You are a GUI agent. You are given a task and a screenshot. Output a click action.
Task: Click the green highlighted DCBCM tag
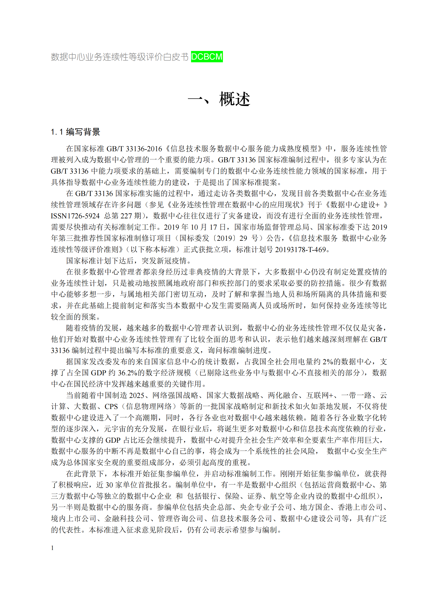coord(207,57)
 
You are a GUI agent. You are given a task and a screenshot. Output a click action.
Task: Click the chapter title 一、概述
coord(219,99)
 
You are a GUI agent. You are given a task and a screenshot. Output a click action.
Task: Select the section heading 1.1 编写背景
coord(76,132)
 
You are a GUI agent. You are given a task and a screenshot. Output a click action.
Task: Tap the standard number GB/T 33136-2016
coord(134,149)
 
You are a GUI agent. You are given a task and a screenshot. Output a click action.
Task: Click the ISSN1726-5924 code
coord(75,216)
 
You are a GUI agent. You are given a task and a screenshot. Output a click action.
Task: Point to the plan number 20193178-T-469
coord(300,249)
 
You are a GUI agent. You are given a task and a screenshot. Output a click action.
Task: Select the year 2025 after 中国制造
coord(137,395)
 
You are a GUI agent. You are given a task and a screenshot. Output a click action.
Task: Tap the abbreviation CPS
coord(111,407)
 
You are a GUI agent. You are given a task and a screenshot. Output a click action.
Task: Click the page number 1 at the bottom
coord(52,548)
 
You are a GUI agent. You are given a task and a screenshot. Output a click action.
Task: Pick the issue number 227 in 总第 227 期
coord(126,216)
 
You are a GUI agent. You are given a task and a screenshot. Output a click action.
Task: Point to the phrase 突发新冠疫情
coord(164,261)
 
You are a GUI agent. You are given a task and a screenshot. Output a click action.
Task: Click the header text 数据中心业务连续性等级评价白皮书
coord(120,57)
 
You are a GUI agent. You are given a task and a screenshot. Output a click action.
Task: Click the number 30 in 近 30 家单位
coord(109,485)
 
